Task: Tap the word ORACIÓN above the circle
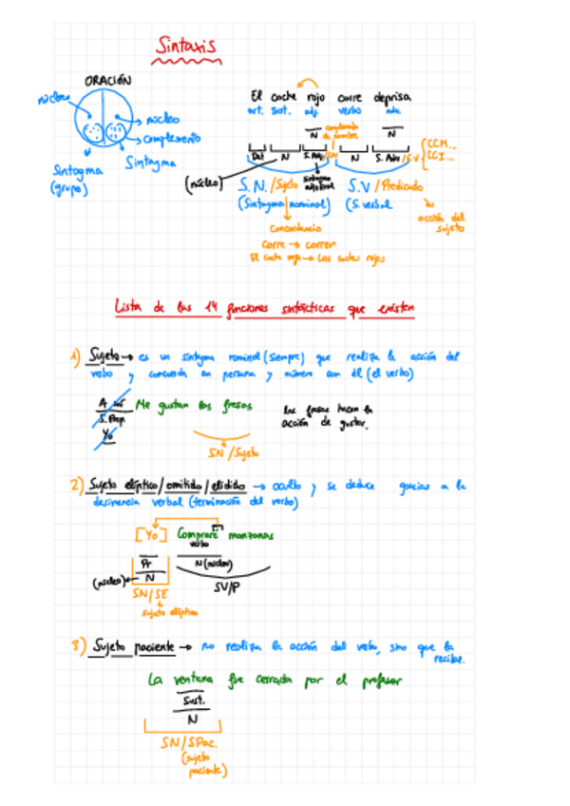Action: pyautogui.click(x=107, y=82)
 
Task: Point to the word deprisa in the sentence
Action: pyautogui.click(x=391, y=96)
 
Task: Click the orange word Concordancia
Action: pyautogui.click(x=295, y=228)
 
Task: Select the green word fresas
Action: pyautogui.click(x=234, y=405)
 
